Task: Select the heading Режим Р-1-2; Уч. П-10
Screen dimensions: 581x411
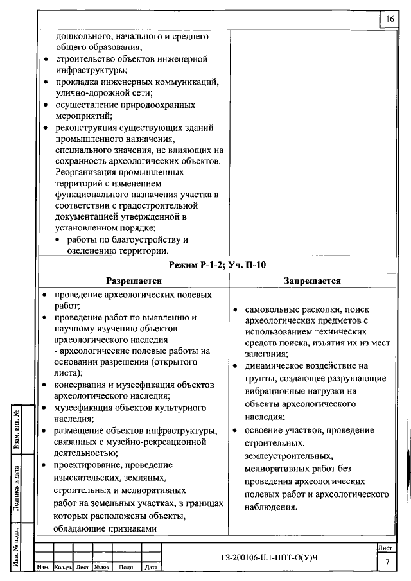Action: click(217, 266)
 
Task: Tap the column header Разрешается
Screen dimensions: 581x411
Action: click(134, 281)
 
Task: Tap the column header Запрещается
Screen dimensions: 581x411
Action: click(312, 281)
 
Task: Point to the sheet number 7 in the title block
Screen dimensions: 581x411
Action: click(387, 562)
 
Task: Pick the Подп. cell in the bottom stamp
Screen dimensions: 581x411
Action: click(127, 568)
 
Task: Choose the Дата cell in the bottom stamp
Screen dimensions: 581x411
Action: click(151, 568)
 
